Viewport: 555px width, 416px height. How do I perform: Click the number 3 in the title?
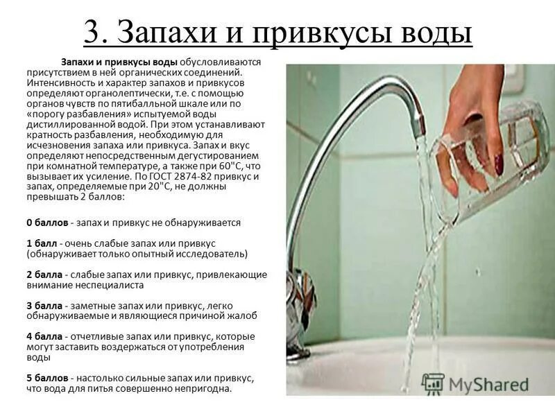(92, 32)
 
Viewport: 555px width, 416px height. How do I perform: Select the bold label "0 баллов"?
(47, 223)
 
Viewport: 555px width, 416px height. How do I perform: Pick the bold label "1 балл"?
(42, 244)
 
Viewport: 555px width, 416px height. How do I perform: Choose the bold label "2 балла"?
(44, 275)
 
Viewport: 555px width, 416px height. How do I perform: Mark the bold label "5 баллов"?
(47, 378)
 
